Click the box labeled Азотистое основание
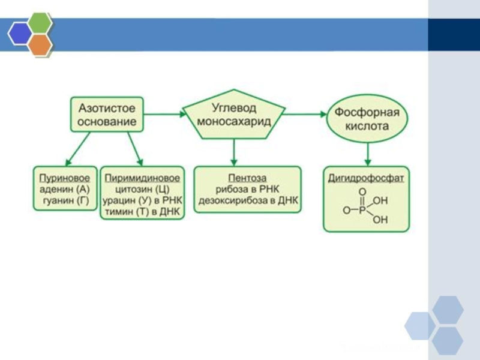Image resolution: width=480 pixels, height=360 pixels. coord(107,115)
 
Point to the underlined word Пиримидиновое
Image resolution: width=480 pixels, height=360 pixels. coord(143,178)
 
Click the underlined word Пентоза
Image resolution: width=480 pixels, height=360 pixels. coord(247,178)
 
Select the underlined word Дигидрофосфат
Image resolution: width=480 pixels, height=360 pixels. coord(366,178)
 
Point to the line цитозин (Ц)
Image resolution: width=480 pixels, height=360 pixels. coord(143,190)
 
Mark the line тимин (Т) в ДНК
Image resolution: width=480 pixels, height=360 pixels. coord(143,212)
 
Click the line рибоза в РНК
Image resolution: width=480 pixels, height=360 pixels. coord(247,190)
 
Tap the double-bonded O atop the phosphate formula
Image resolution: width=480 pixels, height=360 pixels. coord(362,192)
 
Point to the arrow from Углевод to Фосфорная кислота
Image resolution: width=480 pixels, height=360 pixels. coord(304,113)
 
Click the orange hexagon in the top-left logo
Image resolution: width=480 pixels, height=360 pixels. coord(40,44)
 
